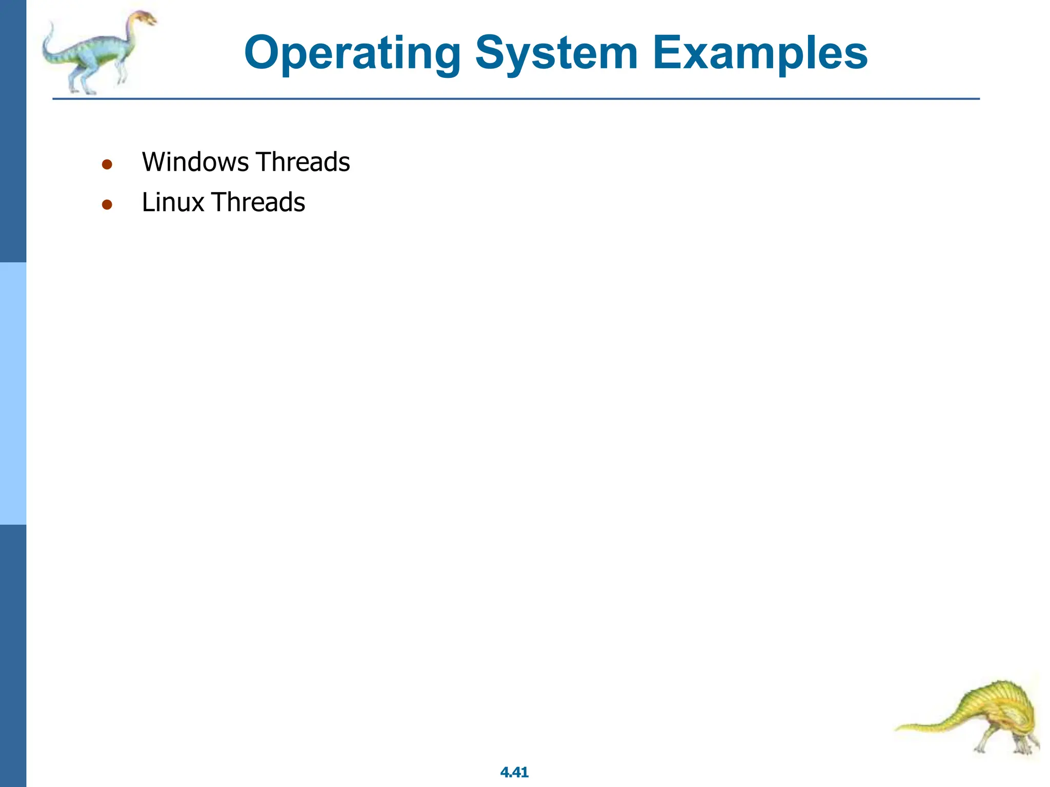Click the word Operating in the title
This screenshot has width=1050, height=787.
[353, 54]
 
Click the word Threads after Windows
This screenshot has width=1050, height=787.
[303, 162]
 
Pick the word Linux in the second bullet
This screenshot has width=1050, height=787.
[173, 202]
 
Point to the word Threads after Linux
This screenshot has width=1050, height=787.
[258, 202]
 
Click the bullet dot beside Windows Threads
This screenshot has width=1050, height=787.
[107, 164]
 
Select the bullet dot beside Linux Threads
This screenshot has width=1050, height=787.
[107, 205]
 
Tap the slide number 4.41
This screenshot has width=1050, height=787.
[514, 772]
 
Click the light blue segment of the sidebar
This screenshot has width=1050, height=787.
[13, 393]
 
